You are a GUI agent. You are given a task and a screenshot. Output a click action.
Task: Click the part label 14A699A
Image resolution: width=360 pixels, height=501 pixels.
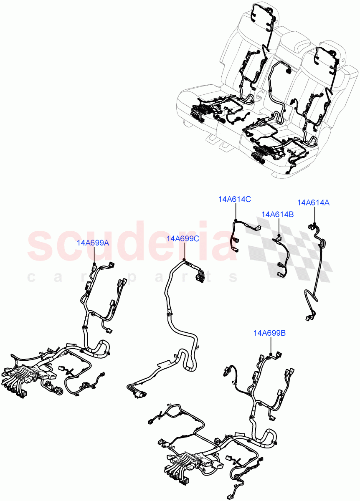click(93, 243)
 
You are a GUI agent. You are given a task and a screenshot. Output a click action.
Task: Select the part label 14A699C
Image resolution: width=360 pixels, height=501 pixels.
click(183, 238)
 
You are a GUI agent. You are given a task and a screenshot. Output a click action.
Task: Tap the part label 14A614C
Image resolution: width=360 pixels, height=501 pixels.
click(234, 199)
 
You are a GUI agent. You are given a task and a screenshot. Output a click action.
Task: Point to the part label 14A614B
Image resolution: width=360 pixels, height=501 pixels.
click(277, 214)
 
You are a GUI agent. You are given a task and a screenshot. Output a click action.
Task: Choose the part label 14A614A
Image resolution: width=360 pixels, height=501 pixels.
click(313, 202)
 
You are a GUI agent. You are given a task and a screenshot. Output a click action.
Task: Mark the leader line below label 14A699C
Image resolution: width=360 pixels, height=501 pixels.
click(184, 251)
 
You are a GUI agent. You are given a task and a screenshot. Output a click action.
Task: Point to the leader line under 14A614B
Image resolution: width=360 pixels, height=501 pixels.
click(279, 228)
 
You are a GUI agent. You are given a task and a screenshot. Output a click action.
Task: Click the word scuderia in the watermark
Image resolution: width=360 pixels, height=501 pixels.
click(125, 244)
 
